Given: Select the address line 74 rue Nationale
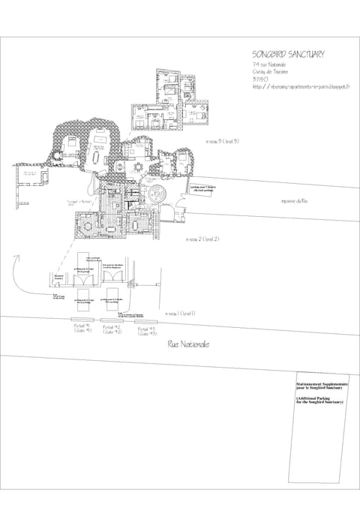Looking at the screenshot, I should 271,66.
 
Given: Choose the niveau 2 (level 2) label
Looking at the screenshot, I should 201,239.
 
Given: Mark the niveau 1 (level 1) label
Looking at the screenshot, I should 180,313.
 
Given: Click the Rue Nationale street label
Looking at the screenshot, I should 188,344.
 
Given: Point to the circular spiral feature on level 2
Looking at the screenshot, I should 158,193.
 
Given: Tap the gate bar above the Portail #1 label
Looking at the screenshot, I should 82,320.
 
